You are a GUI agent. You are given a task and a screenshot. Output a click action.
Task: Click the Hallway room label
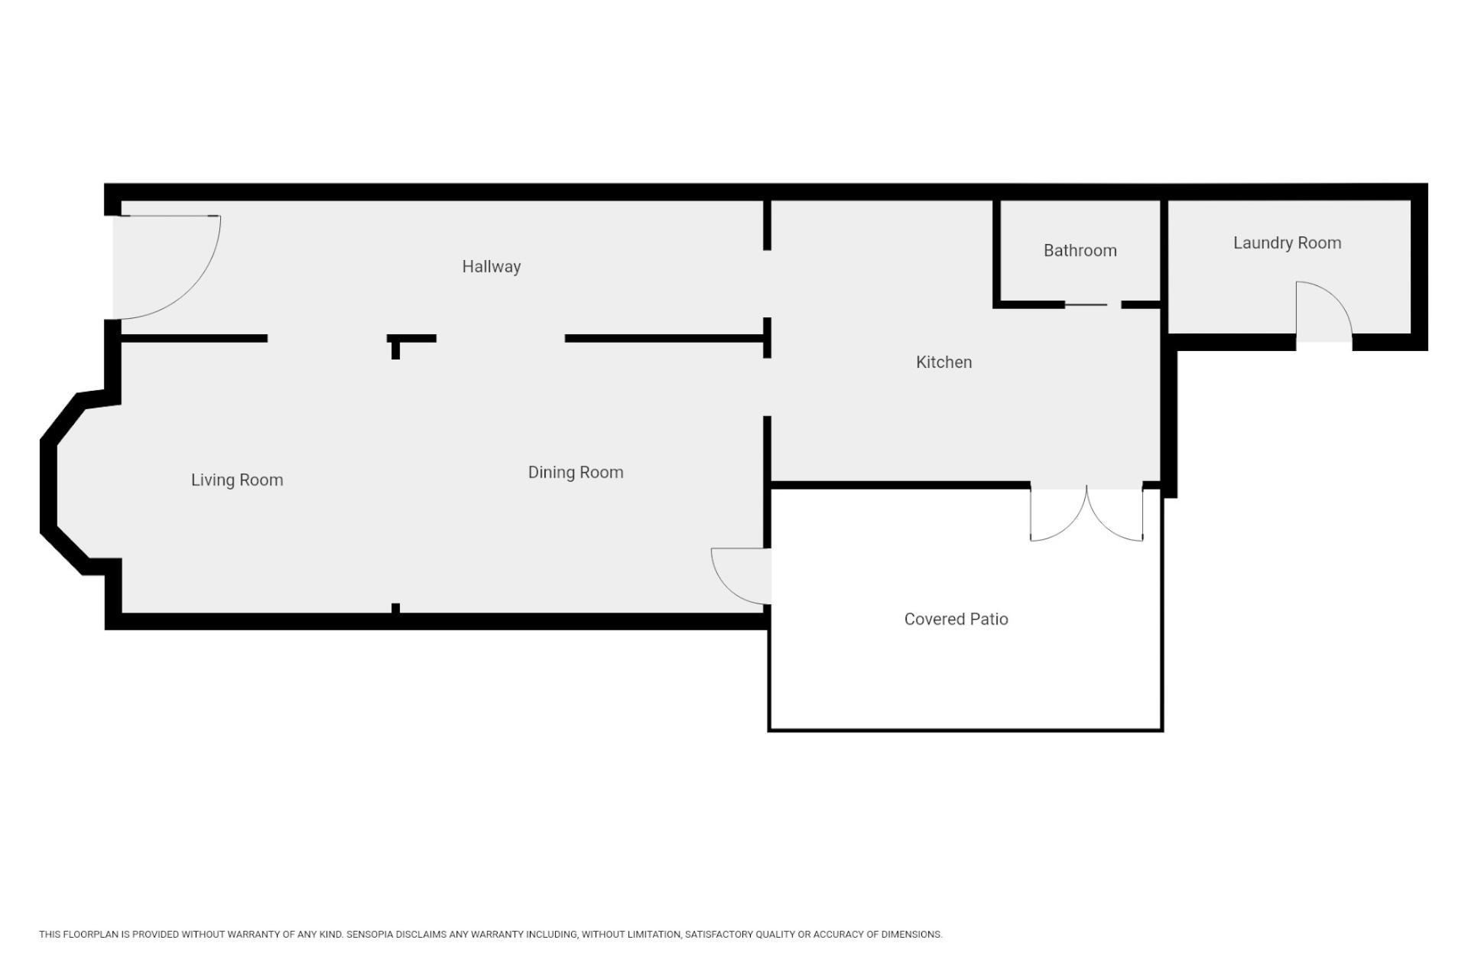pos(491,267)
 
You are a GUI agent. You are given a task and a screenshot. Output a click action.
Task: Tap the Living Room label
pos(237,480)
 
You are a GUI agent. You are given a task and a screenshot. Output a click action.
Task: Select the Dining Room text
pos(576,473)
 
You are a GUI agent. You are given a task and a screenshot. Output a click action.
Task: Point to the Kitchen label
pos(944,362)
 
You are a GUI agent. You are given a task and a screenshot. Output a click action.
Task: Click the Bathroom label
pos(1080,250)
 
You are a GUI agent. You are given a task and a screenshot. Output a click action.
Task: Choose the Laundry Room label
pos(1288,243)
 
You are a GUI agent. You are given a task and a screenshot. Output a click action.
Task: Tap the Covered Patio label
pos(956,619)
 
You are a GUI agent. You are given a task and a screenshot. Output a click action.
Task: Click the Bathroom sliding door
pos(1086,305)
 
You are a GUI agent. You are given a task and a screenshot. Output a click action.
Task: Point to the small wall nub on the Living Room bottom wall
pos(395,608)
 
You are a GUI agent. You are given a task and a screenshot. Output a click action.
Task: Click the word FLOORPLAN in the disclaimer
pos(91,935)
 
